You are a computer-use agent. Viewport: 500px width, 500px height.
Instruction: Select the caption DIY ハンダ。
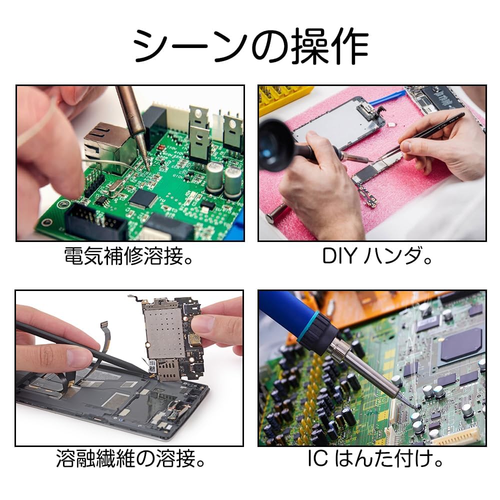pyautogui.click(x=377, y=255)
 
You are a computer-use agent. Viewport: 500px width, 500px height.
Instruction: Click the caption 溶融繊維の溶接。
pyautogui.click(x=130, y=458)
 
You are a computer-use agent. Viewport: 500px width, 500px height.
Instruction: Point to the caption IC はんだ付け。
pyautogui.click(x=375, y=458)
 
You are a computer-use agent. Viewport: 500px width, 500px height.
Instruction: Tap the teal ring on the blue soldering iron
pyautogui.click(x=308, y=328)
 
